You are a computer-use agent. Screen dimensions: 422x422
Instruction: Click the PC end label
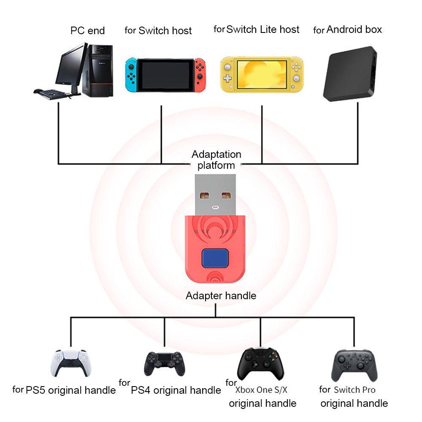click(87, 31)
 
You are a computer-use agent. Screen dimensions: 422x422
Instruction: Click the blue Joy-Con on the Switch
click(131, 75)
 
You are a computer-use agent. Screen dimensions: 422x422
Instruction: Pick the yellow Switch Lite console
click(262, 75)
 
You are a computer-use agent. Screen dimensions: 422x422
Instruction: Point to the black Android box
click(350, 73)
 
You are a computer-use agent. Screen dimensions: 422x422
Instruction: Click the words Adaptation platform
click(216, 160)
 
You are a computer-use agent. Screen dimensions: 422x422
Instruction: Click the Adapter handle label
click(221, 296)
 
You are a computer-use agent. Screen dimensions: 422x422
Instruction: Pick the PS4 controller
click(164, 364)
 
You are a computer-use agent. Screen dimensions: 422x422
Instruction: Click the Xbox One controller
click(260, 364)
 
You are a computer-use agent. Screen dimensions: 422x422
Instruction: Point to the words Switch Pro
click(354, 390)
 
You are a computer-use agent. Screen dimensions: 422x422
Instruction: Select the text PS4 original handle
click(176, 390)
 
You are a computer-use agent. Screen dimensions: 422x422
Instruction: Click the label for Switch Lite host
click(262, 30)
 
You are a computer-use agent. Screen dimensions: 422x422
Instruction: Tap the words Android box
click(354, 30)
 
